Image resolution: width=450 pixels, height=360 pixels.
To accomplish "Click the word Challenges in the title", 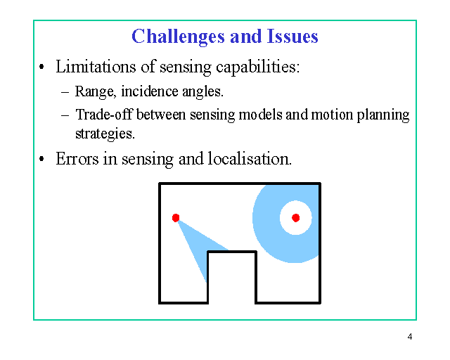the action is (x=178, y=37).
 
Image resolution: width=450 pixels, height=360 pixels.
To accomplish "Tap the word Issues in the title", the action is (x=292, y=36).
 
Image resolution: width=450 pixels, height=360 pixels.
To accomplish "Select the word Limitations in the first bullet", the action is (x=96, y=66).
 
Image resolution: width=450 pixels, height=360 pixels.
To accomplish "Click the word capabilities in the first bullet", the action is (x=258, y=67).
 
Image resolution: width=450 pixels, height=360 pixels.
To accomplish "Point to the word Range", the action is (x=96, y=92).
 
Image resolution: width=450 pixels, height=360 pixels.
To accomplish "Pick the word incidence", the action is (x=150, y=91).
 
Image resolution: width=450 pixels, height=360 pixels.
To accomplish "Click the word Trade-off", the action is (x=103, y=115).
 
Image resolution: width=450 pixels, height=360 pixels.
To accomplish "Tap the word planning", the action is (x=383, y=115).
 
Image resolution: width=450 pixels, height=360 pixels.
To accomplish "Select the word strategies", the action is (x=105, y=134).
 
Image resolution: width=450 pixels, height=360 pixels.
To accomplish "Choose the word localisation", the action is (x=250, y=158).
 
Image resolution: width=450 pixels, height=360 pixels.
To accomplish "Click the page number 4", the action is (x=410, y=337).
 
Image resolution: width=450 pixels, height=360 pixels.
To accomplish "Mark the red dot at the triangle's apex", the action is (x=176, y=218).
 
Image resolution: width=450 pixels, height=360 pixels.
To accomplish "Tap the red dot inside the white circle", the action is (x=295, y=218).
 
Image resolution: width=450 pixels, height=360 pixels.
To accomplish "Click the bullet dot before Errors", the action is (x=41, y=159).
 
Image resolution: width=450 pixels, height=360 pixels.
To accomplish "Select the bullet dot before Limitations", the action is (x=41, y=67).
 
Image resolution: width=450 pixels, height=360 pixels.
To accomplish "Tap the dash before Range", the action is (x=65, y=93).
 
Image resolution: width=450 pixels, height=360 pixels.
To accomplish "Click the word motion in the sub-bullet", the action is (x=332, y=115).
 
